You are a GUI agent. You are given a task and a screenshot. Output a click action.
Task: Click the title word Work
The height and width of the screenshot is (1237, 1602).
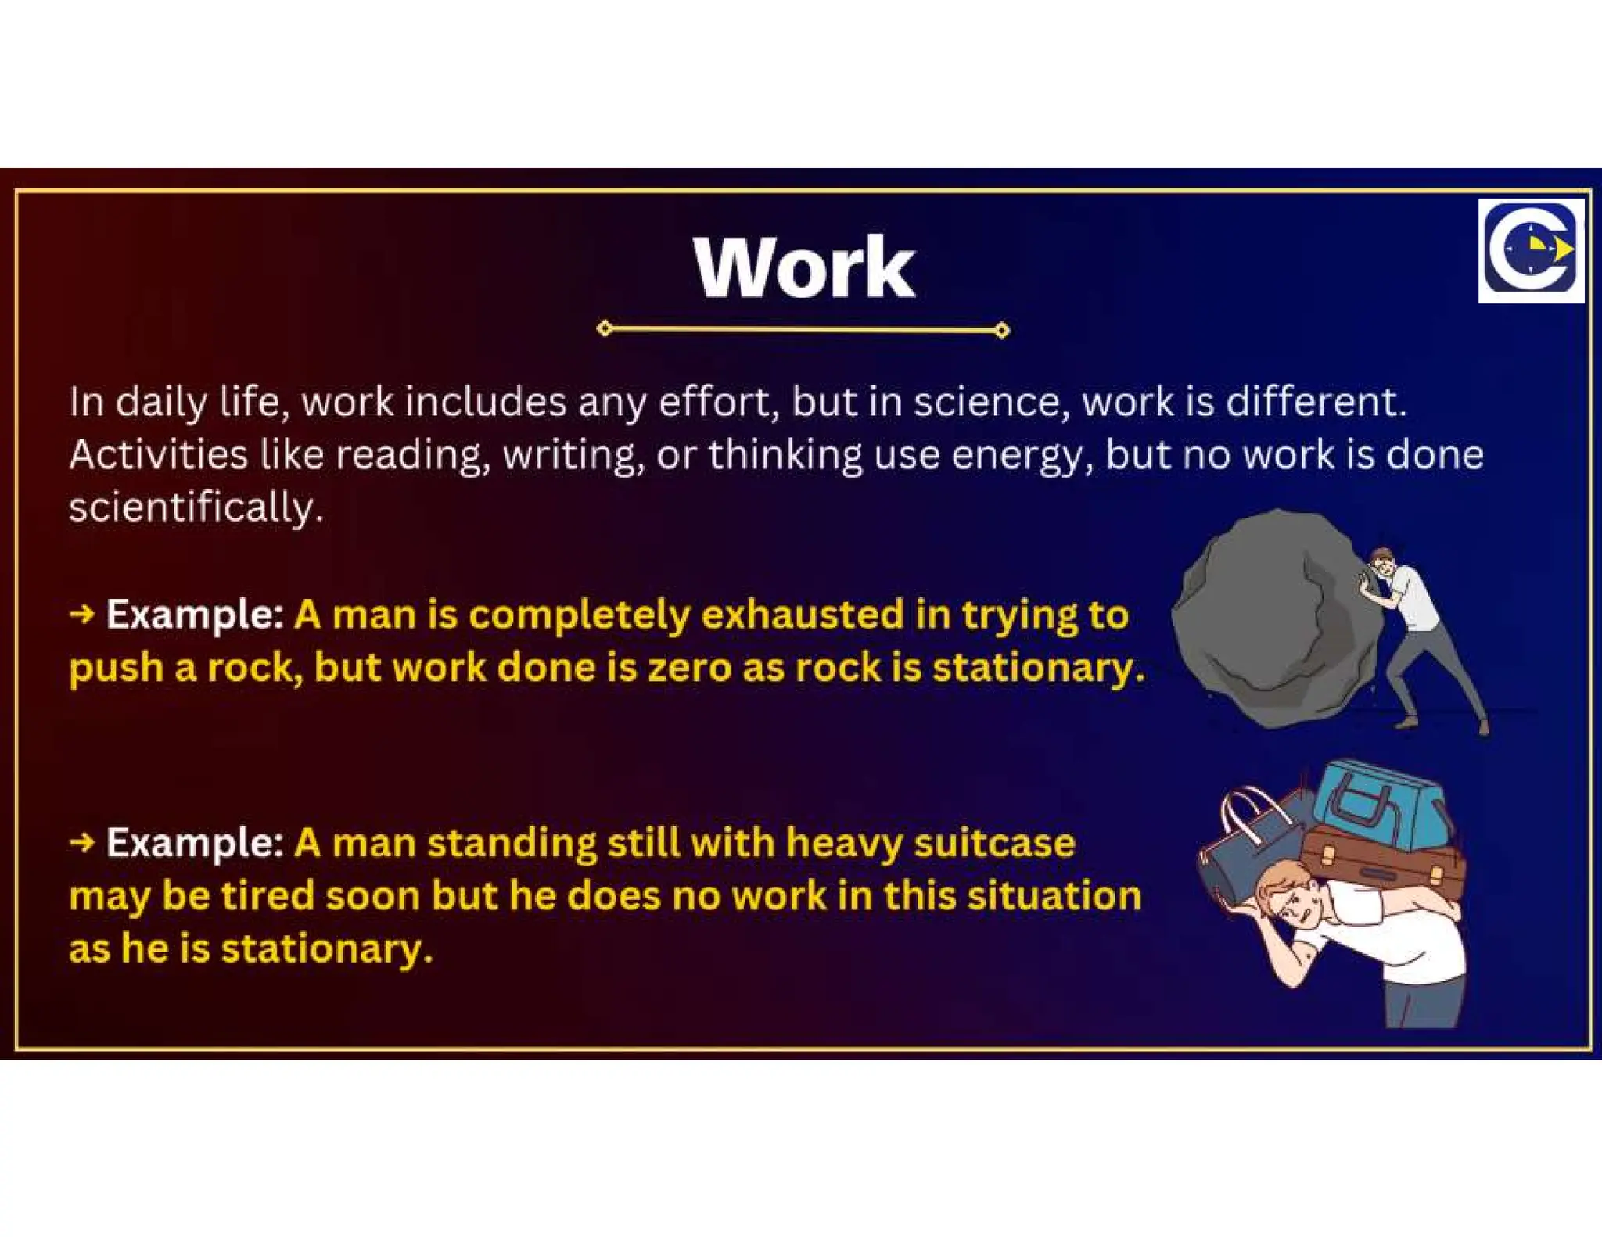[803, 268]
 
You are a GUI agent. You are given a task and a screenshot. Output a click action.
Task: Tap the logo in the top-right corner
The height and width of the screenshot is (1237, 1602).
[1531, 250]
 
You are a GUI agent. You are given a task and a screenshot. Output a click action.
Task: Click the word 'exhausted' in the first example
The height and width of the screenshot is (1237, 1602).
[802, 615]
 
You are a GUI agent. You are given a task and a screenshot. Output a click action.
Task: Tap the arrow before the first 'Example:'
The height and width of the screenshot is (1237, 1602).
[81, 615]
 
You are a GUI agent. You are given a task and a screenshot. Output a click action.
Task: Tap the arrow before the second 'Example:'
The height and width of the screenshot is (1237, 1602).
[81, 843]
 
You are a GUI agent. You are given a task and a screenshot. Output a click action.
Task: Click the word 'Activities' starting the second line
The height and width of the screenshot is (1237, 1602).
[157, 454]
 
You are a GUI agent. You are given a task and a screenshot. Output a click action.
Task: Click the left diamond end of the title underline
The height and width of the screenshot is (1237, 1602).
[604, 328]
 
